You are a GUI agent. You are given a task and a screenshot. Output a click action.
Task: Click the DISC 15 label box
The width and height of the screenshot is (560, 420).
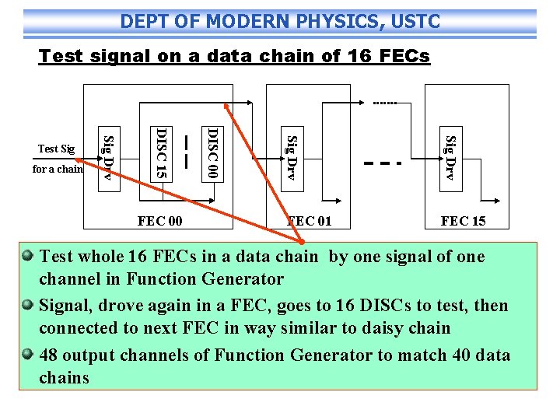161,152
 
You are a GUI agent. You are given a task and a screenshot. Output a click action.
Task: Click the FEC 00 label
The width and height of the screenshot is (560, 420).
159,222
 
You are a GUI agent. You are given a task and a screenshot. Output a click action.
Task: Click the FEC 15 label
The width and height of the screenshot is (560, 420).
463,222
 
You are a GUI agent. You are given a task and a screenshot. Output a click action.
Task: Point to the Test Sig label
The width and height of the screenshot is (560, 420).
57,149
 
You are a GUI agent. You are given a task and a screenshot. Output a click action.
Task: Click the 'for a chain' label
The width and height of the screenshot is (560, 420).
58,169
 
